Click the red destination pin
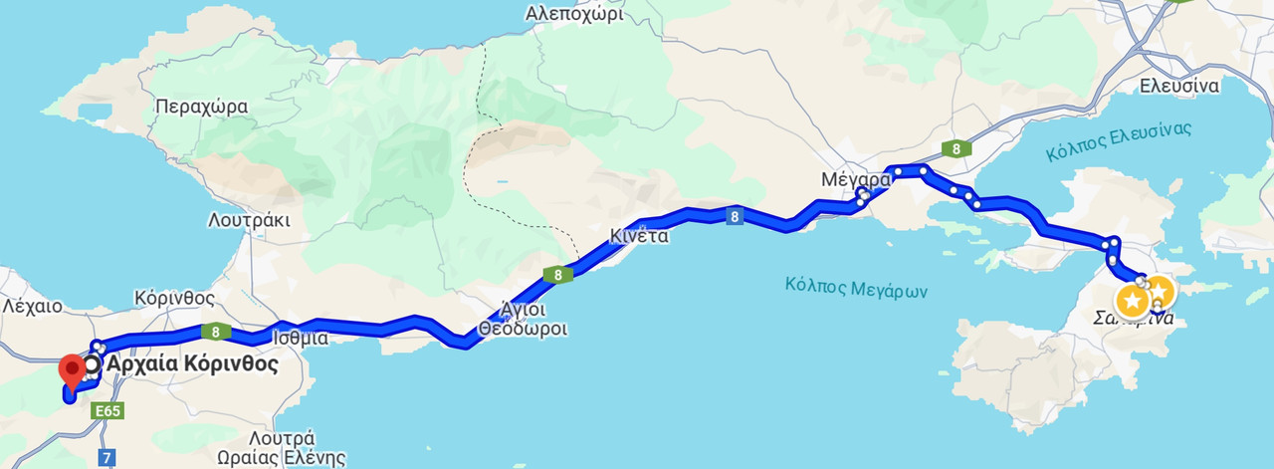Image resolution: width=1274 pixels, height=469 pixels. click(x=72, y=370)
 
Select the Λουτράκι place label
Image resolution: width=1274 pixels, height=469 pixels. click(x=249, y=219)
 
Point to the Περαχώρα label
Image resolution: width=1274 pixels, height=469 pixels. click(x=201, y=108)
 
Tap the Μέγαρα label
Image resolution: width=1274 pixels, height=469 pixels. click(x=854, y=180)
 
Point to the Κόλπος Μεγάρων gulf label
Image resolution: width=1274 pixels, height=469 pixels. click(x=856, y=289)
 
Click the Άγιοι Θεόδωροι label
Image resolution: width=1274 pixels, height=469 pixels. click(x=523, y=319)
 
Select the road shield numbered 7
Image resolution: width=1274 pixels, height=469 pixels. click(x=106, y=458)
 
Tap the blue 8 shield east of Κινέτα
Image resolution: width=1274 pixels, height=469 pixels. click(x=734, y=216)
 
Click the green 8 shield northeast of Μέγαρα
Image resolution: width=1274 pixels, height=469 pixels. click(x=955, y=149)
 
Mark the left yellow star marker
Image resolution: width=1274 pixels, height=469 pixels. click(x=1133, y=300)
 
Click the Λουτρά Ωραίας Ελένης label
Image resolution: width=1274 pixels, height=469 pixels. click(x=297, y=448)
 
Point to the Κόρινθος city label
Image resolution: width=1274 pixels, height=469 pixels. click(x=174, y=298)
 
